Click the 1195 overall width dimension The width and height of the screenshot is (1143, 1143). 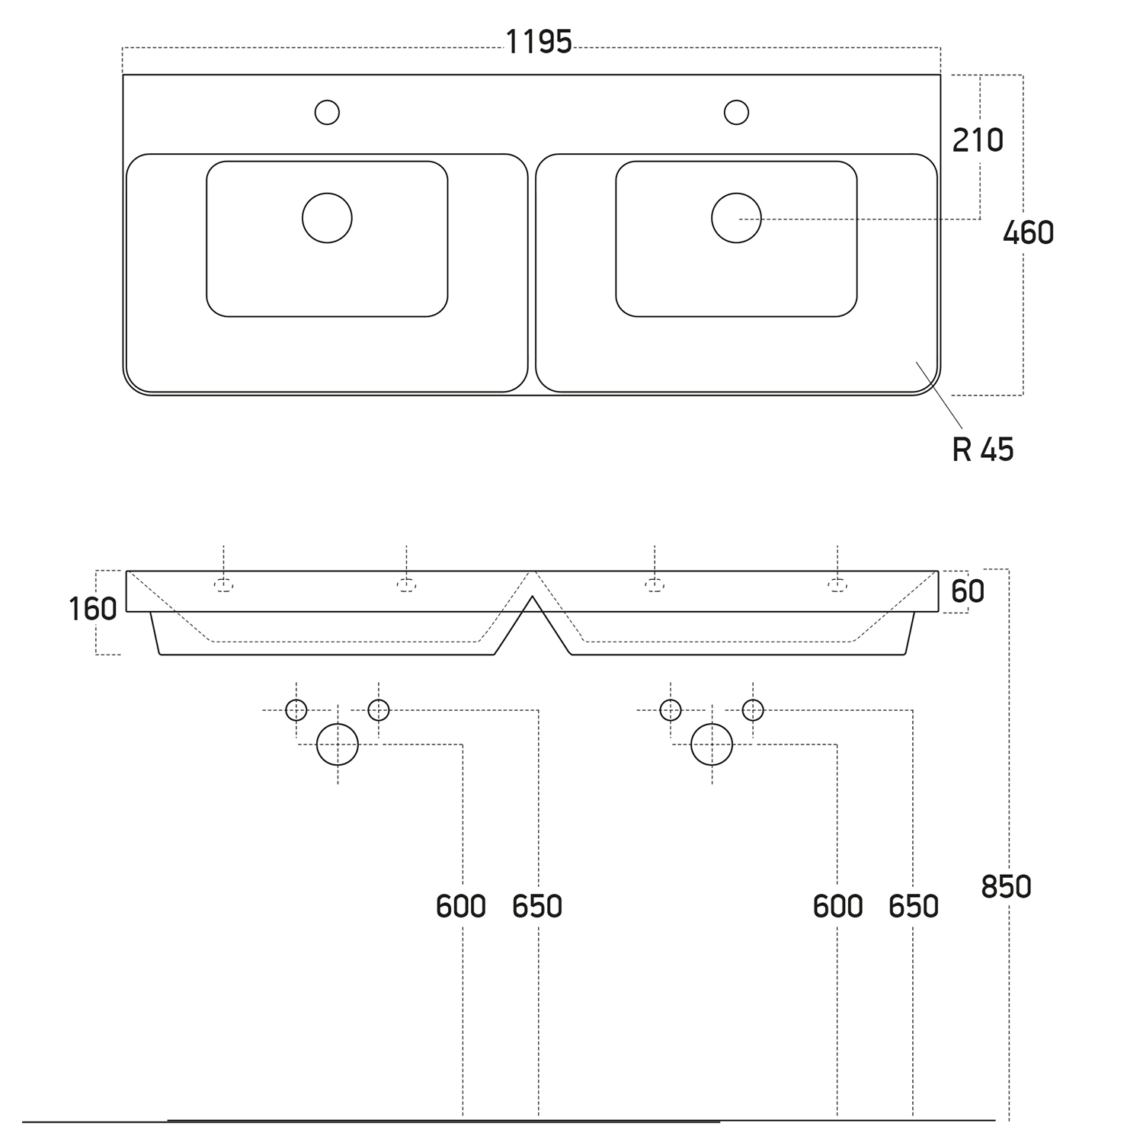(x=539, y=42)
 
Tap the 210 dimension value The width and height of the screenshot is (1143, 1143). (x=978, y=140)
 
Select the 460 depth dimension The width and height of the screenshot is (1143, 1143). (x=1028, y=232)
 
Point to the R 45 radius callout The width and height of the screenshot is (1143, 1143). (x=983, y=450)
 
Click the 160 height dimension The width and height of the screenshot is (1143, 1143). (x=93, y=609)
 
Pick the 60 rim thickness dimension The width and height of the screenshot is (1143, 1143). (x=968, y=591)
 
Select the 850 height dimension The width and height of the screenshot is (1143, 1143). (x=1006, y=887)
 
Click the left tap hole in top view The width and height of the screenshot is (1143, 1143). (x=327, y=112)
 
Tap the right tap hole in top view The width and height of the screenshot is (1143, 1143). (x=736, y=112)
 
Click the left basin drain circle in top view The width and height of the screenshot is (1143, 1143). (x=327, y=218)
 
